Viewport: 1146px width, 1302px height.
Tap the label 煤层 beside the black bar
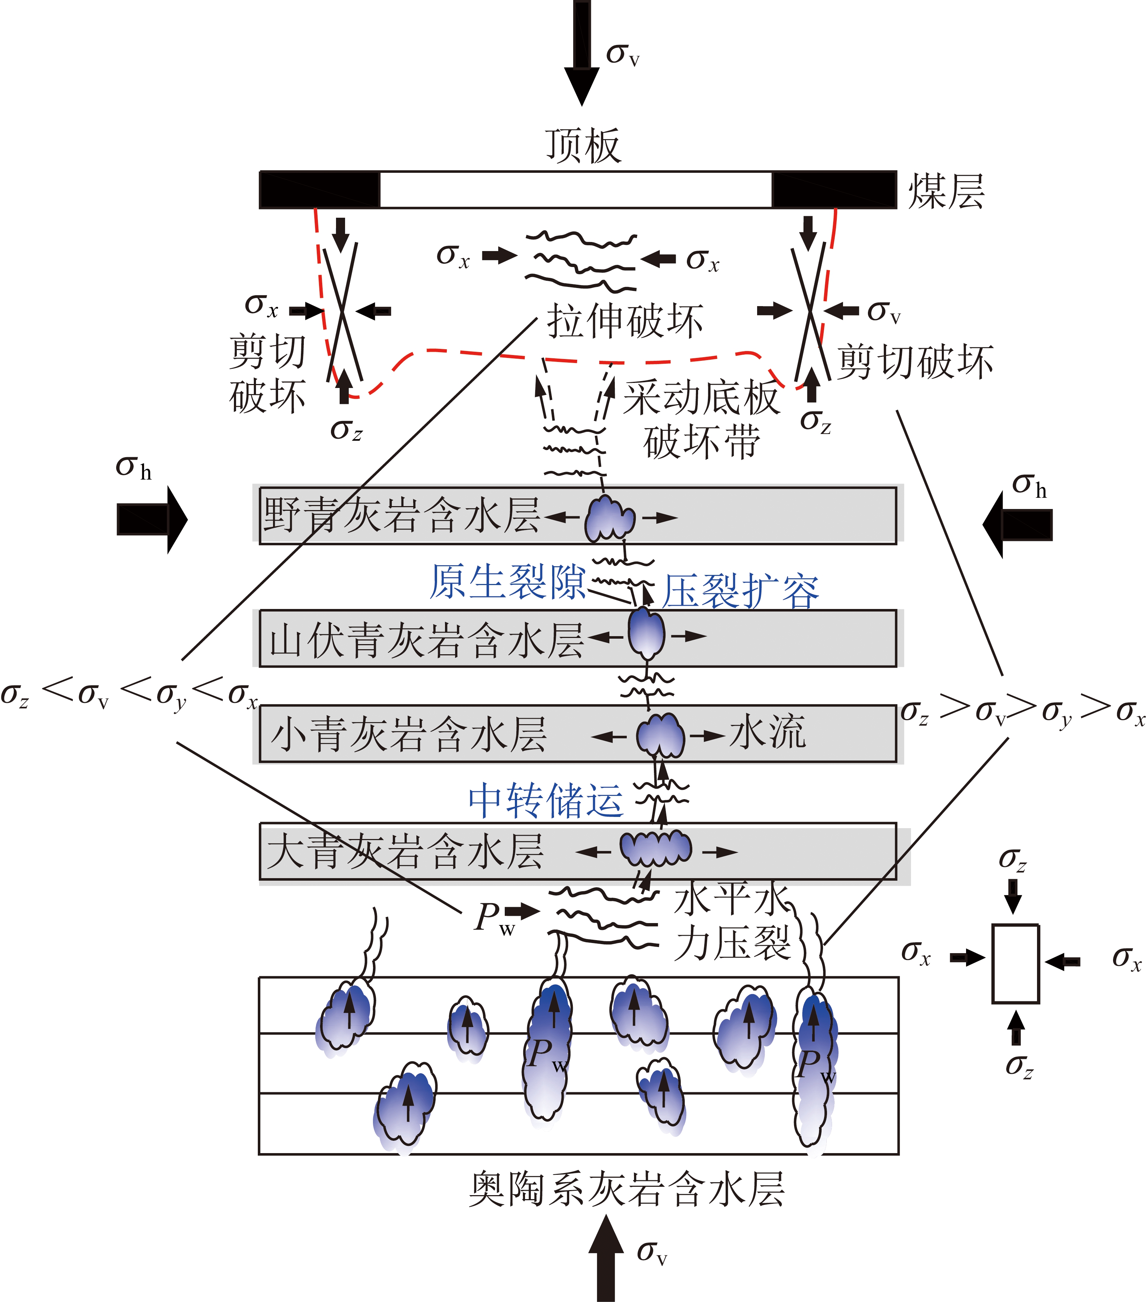945,191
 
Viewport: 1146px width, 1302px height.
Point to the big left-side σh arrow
151,519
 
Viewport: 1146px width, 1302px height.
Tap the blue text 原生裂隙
507,581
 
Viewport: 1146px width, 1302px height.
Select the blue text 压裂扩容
740,591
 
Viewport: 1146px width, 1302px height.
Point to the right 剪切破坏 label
915,362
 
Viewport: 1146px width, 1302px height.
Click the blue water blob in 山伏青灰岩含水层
646,634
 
